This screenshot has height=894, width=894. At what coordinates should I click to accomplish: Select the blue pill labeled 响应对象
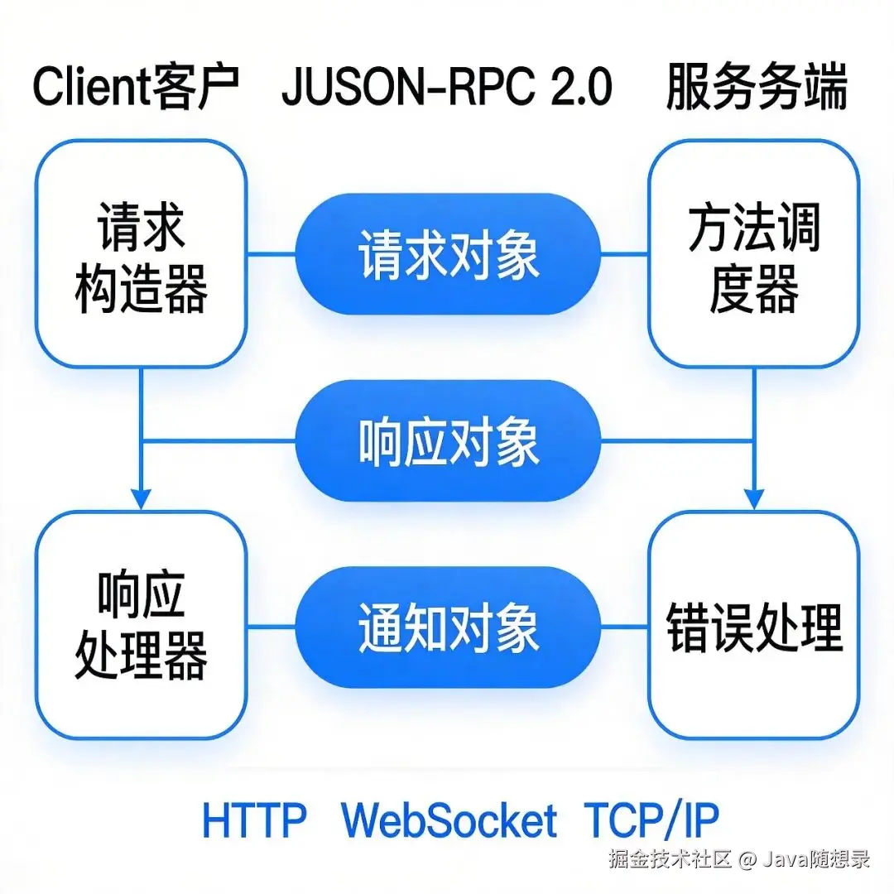click(449, 440)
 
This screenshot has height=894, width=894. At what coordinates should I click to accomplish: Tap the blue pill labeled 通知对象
click(449, 627)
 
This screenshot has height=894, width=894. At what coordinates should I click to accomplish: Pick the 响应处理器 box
click(141, 625)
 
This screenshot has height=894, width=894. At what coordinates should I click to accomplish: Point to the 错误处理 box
click(753, 625)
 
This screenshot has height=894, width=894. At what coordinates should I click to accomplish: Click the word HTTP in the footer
click(254, 819)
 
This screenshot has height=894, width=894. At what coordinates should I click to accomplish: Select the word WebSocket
click(449, 819)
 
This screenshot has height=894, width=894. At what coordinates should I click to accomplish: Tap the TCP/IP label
click(651, 819)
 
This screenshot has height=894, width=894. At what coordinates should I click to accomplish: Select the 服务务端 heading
click(757, 89)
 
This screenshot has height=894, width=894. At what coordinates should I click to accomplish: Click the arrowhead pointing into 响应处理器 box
click(142, 499)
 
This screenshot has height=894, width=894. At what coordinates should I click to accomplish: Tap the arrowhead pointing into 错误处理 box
click(753, 499)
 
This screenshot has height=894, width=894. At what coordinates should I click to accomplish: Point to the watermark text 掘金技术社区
click(670, 858)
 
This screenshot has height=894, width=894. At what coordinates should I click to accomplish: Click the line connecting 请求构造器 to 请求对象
click(272, 253)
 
